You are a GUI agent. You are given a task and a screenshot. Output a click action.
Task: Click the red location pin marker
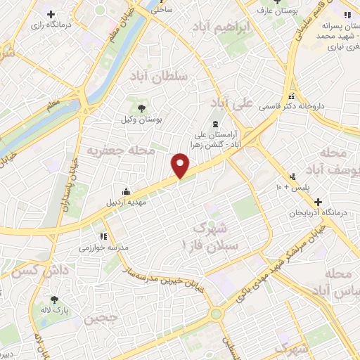point(181,166)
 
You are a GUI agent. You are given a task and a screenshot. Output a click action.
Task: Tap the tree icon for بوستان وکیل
point(142,108)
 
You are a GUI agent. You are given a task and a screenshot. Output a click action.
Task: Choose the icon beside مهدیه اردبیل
point(126,191)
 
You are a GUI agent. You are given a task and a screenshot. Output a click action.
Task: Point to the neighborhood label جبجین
point(101,318)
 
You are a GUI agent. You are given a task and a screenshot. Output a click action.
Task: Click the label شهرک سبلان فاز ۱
point(219,238)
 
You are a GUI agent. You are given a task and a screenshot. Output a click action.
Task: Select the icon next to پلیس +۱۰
point(292,176)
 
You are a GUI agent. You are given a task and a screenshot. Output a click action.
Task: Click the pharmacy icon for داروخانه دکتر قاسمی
point(291,96)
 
